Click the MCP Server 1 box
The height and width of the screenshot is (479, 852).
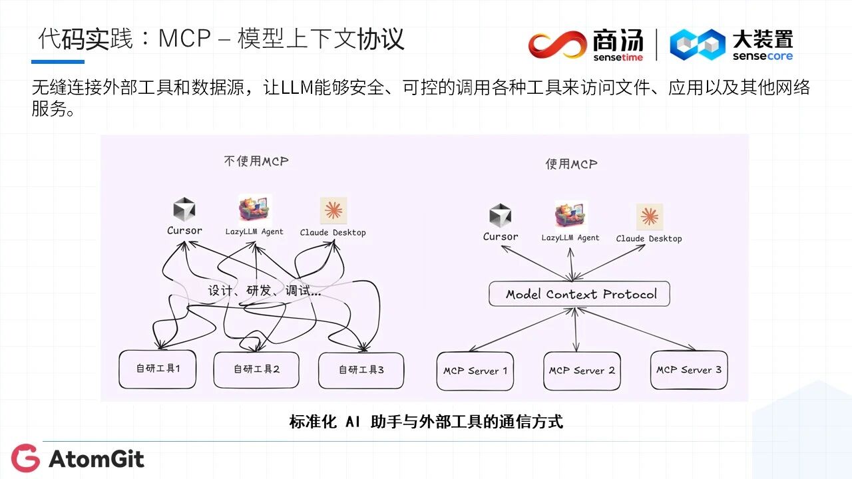tap(475, 371)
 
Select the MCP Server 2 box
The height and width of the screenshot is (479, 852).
tap(582, 371)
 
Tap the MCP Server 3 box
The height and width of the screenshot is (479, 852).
tap(688, 370)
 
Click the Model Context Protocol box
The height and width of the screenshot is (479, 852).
tap(579, 294)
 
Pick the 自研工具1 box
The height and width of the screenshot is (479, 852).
tap(158, 369)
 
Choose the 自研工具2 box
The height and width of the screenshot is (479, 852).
tap(256, 369)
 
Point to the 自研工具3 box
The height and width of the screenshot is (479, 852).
tap(361, 370)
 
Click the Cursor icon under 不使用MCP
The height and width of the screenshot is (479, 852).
tap(184, 210)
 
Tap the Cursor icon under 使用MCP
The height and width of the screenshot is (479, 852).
tap(500, 216)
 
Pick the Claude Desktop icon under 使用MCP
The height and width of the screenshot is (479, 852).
tap(649, 217)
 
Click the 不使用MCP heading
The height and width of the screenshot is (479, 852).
tap(256, 161)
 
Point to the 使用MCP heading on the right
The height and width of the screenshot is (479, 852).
tap(571, 164)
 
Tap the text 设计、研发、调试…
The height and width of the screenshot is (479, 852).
tap(264, 291)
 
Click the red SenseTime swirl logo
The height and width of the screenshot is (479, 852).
tap(557, 45)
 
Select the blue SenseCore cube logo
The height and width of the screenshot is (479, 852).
tap(697, 45)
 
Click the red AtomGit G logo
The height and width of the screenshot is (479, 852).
tap(25, 458)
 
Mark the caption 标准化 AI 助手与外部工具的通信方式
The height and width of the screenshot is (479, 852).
tap(426, 422)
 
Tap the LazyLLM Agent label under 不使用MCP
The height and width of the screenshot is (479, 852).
tap(254, 232)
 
